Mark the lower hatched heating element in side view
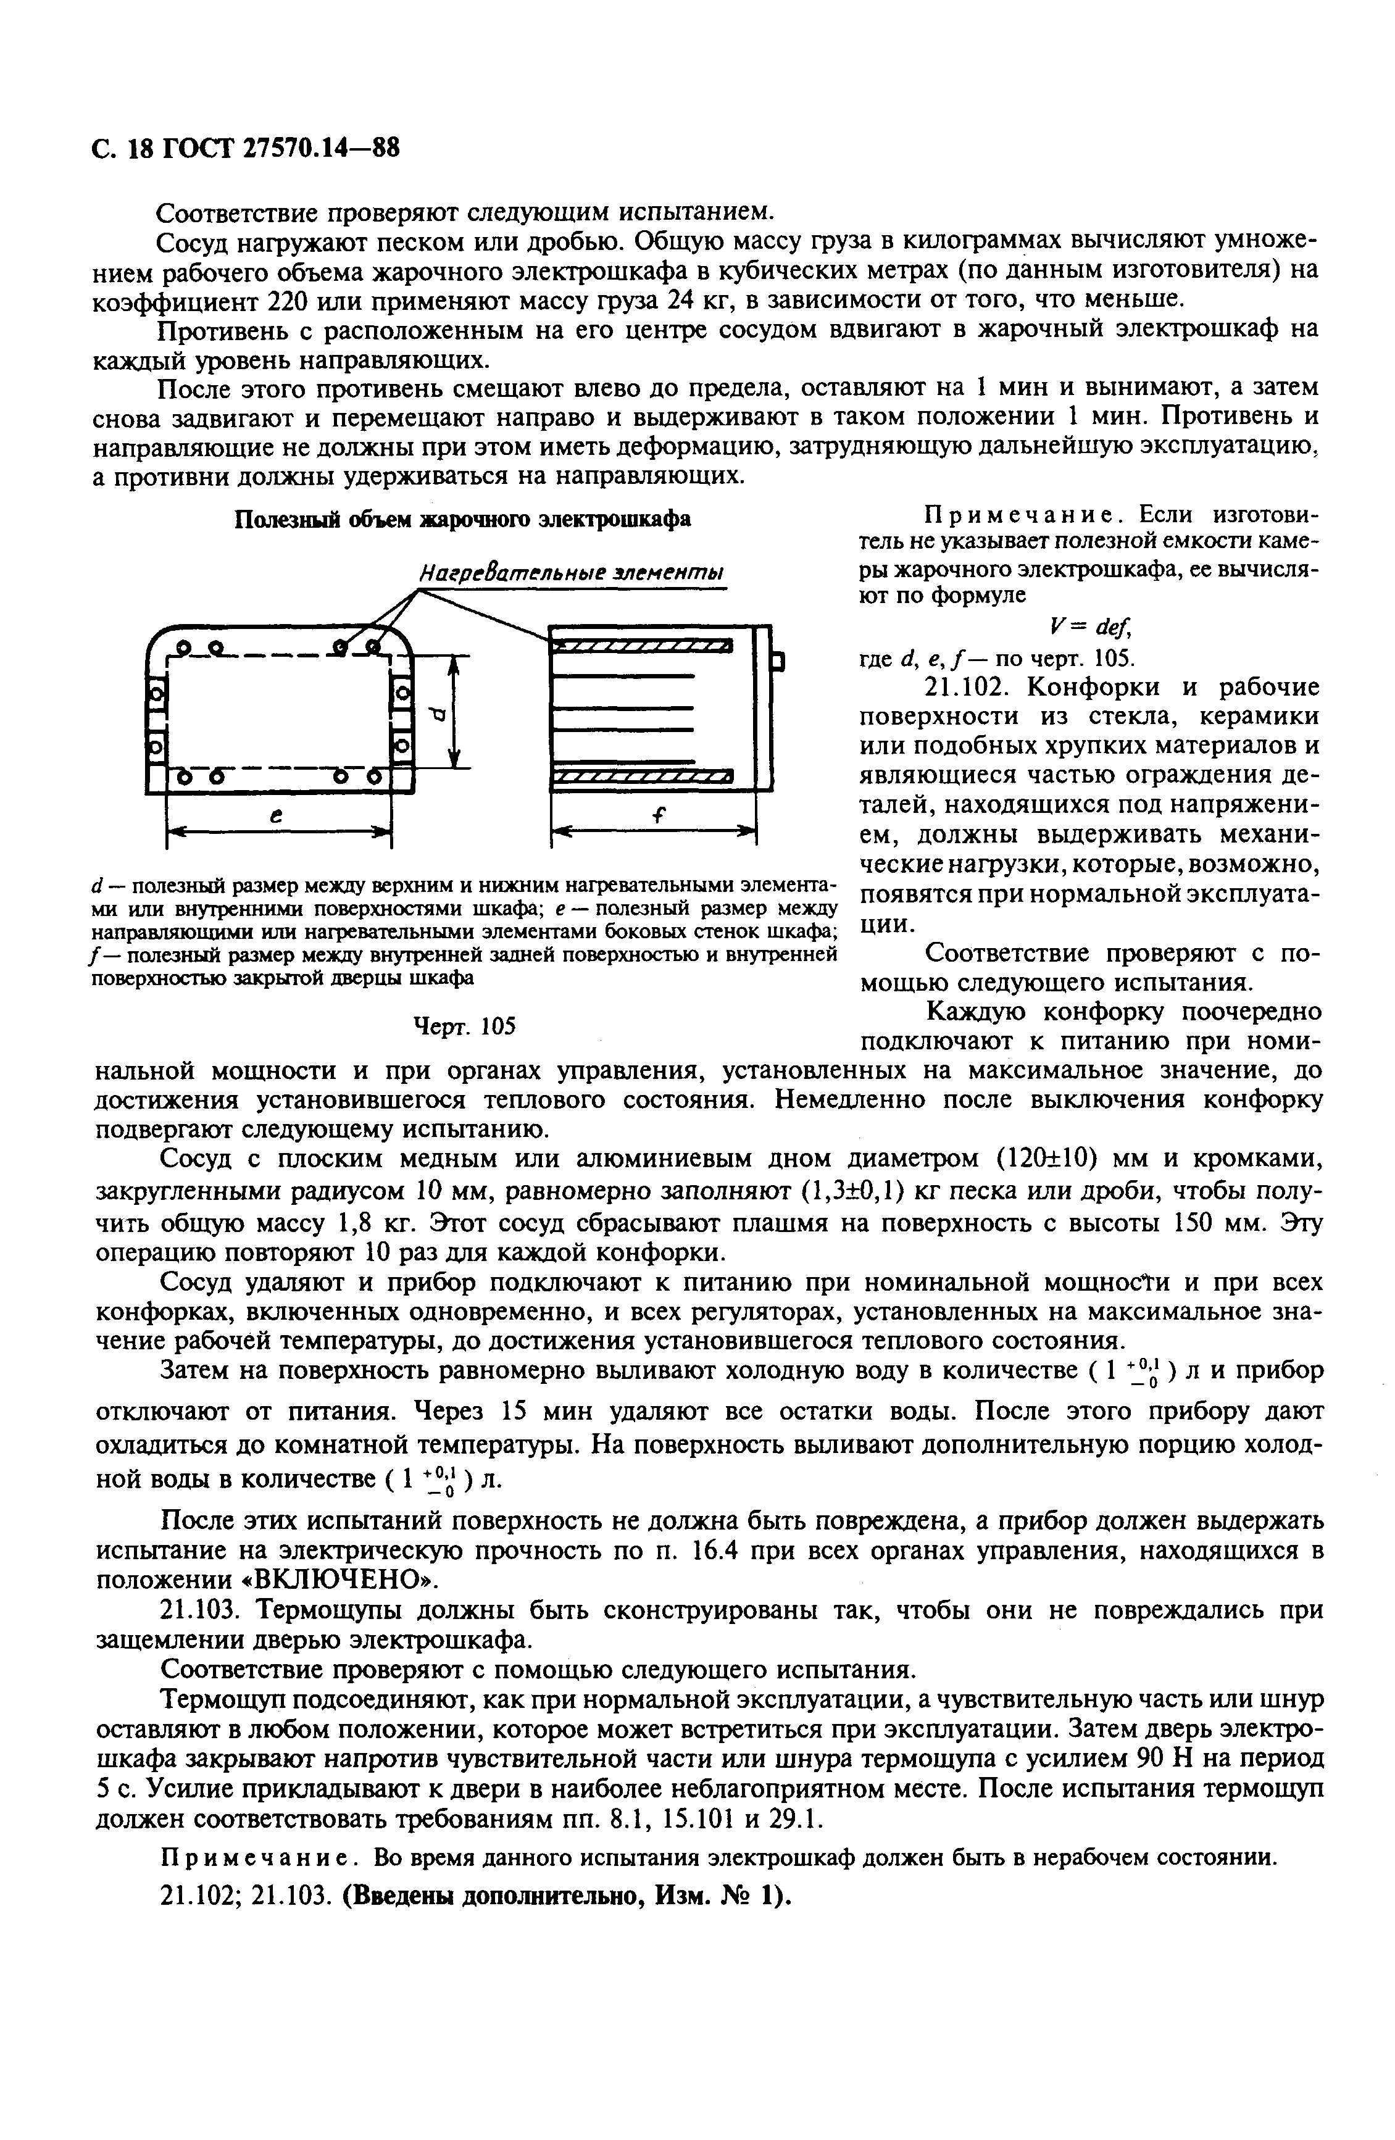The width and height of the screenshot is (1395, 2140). [641, 776]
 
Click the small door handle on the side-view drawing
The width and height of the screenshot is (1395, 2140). [780, 664]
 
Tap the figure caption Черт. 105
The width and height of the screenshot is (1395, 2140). [463, 1026]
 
